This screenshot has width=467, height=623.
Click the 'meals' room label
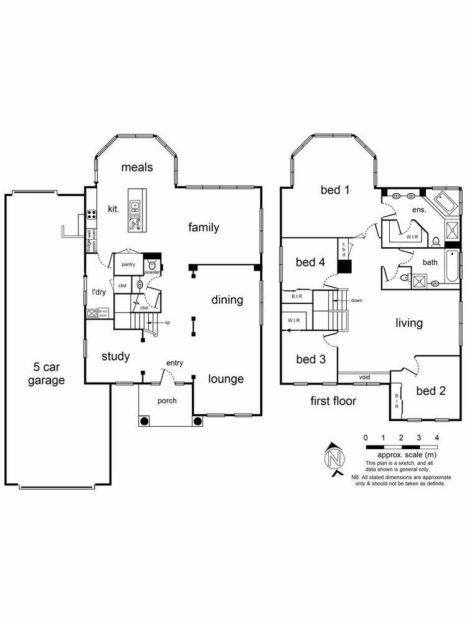click(137, 167)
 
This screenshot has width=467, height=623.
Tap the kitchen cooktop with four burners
click(92, 215)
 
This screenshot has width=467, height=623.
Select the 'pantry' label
click(129, 265)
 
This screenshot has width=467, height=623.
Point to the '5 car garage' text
click(46, 373)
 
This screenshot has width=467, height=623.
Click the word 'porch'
click(167, 401)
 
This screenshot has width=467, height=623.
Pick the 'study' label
click(116, 356)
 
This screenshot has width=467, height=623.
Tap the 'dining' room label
click(227, 300)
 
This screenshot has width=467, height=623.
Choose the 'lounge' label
click(226, 379)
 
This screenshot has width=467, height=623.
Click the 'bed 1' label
click(335, 190)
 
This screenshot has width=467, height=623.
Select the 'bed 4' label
click(311, 262)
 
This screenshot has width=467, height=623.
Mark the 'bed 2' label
click(431, 391)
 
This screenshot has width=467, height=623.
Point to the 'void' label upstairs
click(364, 377)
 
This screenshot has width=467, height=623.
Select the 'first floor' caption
click(333, 401)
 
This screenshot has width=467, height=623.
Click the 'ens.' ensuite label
click(419, 210)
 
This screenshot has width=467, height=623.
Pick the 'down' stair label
click(357, 300)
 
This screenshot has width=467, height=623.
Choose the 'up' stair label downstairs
click(167, 323)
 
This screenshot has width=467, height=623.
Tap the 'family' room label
click(204, 227)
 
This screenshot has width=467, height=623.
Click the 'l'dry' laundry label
click(100, 292)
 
